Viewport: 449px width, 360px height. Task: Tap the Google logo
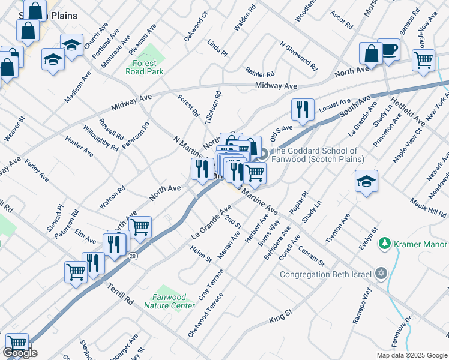tap(20, 353)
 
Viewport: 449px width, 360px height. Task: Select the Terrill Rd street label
tap(121, 293)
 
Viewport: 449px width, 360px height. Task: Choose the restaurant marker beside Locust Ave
tap(302, 109)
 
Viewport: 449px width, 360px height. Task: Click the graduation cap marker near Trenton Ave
tap(366, 181)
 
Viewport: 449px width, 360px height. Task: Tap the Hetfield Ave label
tap(408, 110)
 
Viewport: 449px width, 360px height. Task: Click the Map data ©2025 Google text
tap(411, 355)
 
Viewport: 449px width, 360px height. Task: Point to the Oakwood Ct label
tap(196, 26)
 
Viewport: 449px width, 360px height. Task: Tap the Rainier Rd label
tap(259, 73)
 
